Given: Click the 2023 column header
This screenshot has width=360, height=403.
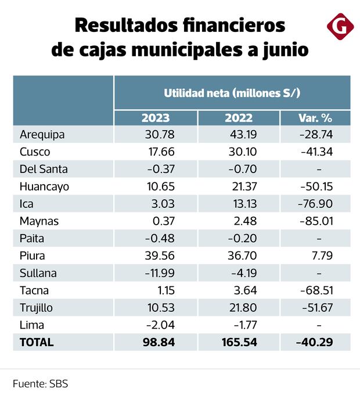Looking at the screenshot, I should click(156, 118).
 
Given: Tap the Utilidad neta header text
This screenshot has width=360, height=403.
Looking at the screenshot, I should click(232, 93).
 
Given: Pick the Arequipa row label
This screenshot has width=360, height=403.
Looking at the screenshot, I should click(42, 135).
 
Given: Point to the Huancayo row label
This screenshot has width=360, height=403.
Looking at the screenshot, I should click(44, 186).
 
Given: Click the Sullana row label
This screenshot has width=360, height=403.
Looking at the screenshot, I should click(39, 273).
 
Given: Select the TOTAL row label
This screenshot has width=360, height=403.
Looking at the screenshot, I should click(37, 342).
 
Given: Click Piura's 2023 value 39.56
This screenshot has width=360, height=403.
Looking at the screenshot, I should click(158, 256).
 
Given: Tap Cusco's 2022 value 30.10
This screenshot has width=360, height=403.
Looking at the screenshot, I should click(241, 152).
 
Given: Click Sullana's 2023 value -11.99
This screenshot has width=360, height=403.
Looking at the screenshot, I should click(156, 273).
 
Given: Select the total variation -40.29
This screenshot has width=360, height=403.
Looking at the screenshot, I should click(314, 342).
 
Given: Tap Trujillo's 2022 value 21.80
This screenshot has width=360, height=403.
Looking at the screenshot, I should click(241, 307).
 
